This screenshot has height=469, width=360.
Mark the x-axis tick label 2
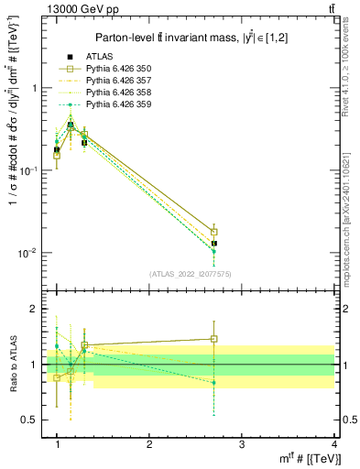[149, 445]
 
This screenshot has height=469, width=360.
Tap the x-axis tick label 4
[333, 445]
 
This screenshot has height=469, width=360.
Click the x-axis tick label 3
[241, 445]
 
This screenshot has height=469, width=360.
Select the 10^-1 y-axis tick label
[33, 171]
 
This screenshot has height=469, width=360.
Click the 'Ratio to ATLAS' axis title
[12, 365]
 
